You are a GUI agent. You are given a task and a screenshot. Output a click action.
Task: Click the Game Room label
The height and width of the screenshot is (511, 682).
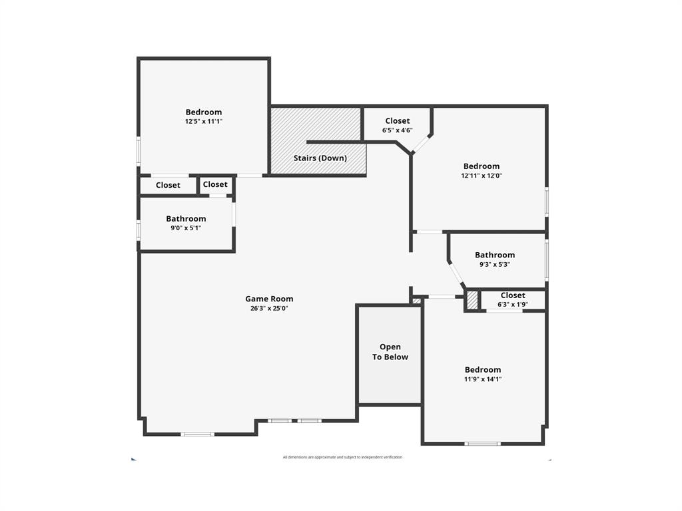[269, 299]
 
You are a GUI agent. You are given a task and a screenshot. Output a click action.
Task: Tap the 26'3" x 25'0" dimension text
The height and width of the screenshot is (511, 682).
[269, 308]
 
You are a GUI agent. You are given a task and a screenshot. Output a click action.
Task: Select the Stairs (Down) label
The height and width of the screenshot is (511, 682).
[320, 158]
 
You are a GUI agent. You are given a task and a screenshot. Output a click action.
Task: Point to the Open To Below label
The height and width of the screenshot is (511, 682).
[390, 352]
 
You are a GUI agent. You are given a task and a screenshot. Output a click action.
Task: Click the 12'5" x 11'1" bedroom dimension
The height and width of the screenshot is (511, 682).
[204, 122]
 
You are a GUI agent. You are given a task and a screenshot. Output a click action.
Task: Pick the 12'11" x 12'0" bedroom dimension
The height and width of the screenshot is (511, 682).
[482, 176]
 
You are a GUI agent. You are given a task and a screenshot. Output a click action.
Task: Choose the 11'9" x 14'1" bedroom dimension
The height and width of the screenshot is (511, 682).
[483, 379]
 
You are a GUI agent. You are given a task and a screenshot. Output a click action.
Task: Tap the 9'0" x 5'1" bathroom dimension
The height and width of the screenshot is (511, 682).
[186, 228]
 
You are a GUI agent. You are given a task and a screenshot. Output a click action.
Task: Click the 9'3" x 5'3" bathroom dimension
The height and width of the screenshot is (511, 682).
[495, 264]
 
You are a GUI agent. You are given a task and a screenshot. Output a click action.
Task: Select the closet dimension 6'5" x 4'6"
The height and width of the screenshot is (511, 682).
[398, 130]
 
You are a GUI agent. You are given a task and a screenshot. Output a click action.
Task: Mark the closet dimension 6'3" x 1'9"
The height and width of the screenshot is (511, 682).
[513, 305]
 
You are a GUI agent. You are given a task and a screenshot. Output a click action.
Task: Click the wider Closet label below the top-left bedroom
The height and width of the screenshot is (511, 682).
[168, 185]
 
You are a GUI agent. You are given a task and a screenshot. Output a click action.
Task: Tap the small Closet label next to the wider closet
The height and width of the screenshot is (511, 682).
[215, 184]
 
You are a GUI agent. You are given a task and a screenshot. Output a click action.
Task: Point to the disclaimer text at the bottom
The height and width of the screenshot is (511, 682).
[342, 457]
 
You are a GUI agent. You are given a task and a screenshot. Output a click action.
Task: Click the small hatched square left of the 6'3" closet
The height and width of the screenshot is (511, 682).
[472, 300]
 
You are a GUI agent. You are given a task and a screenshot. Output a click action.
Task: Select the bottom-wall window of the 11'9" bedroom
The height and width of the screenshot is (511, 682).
[483, 443]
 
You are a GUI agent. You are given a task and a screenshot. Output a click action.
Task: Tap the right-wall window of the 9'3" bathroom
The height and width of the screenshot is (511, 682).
[547, 259]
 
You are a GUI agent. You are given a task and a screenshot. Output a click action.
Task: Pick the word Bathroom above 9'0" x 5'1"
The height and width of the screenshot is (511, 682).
[186, 218]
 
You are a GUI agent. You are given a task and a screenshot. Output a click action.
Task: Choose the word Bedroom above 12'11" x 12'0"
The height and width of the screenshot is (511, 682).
[482, 166]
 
